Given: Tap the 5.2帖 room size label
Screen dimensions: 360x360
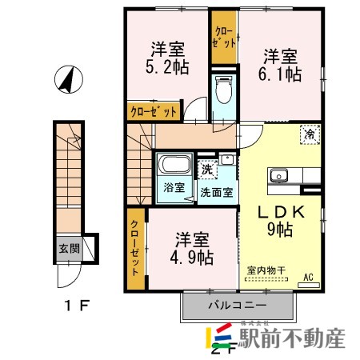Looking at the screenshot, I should tap(167, 67).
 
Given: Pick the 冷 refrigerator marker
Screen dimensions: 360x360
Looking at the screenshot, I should tap(308, 137).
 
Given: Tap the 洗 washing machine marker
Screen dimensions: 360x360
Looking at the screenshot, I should tap(206, 169).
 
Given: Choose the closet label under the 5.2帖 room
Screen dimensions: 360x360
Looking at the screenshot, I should tap(153, 113).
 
